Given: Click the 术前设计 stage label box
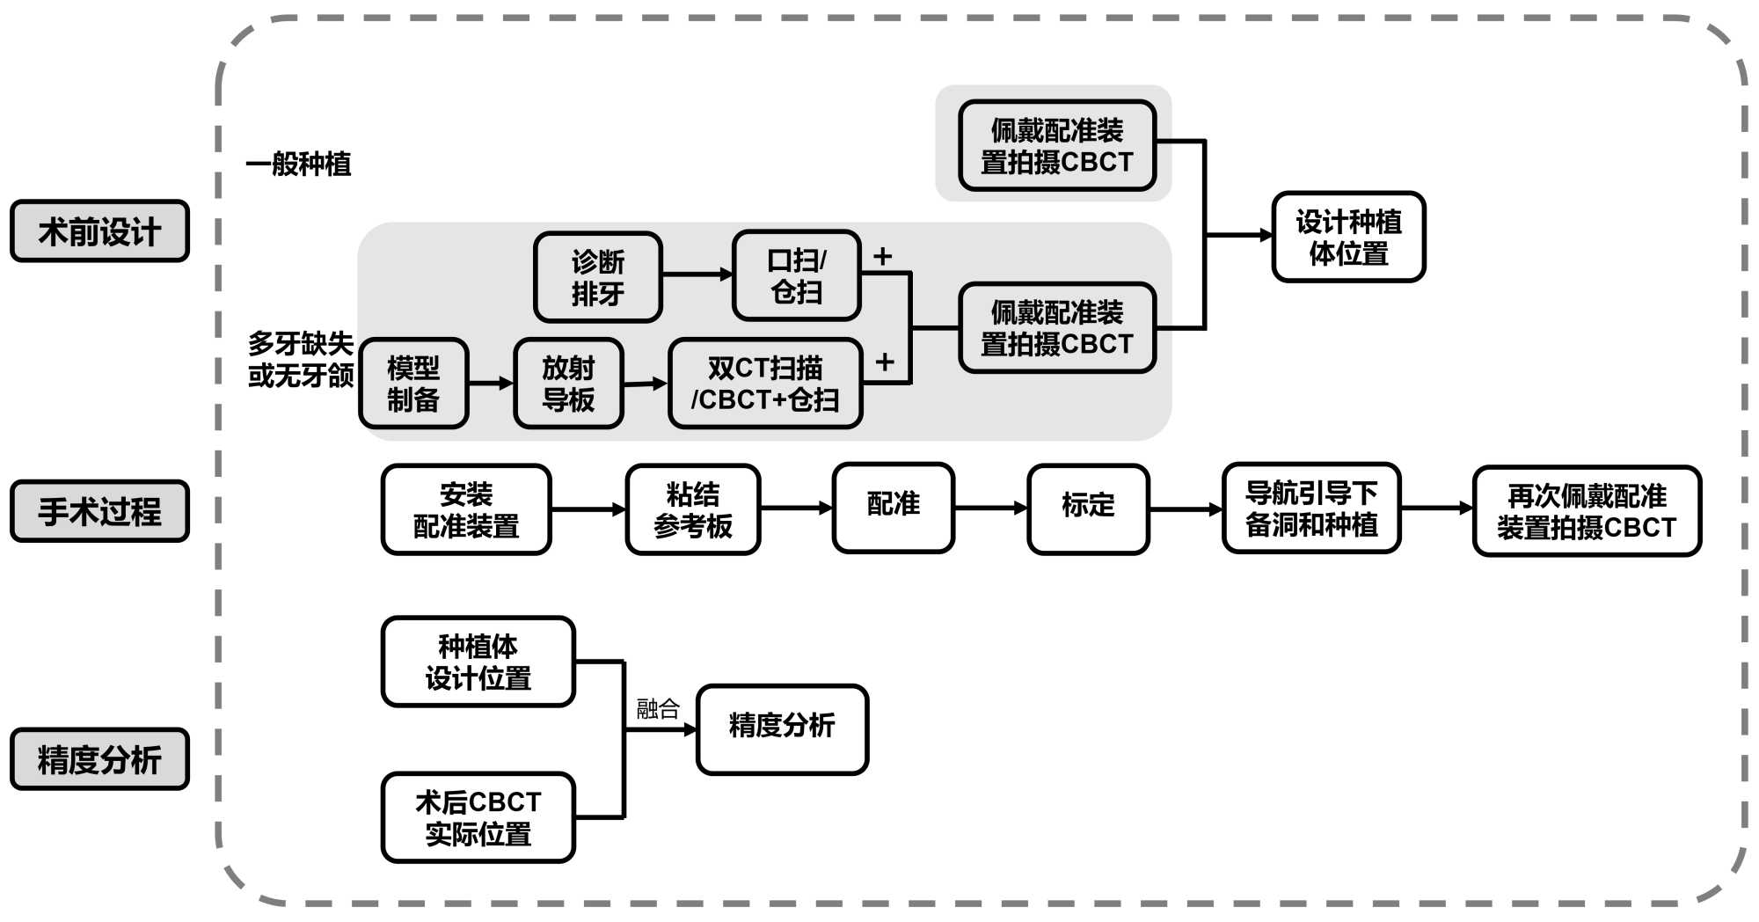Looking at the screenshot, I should [99, 231].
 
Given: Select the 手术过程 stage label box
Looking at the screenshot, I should [99, 511].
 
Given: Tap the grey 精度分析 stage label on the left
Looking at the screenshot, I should [99, 759].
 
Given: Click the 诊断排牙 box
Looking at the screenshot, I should [597, 277].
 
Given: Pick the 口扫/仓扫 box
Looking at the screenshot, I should [796, 275].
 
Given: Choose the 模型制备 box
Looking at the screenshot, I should [413, 384].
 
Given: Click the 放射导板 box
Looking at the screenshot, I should [568, 384].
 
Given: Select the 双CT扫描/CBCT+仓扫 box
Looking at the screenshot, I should [765, 384].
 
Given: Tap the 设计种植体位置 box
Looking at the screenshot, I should [1348, 237].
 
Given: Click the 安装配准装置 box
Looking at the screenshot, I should [466, 509].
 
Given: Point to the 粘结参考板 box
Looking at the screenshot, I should [692, 509].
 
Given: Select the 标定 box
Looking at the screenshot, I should [1088, 509].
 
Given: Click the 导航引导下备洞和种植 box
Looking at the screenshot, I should [1310, 509].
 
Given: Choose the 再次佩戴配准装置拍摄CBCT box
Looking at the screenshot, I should [1587, 511].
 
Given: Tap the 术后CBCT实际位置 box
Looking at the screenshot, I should [478, 817].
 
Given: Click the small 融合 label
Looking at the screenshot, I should [658, 708].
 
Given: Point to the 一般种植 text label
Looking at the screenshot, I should [299, 164].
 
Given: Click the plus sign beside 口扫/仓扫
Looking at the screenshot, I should [882, 256].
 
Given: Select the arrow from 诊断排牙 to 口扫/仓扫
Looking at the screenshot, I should [697, 274].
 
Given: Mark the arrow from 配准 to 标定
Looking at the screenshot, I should [990, 508].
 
